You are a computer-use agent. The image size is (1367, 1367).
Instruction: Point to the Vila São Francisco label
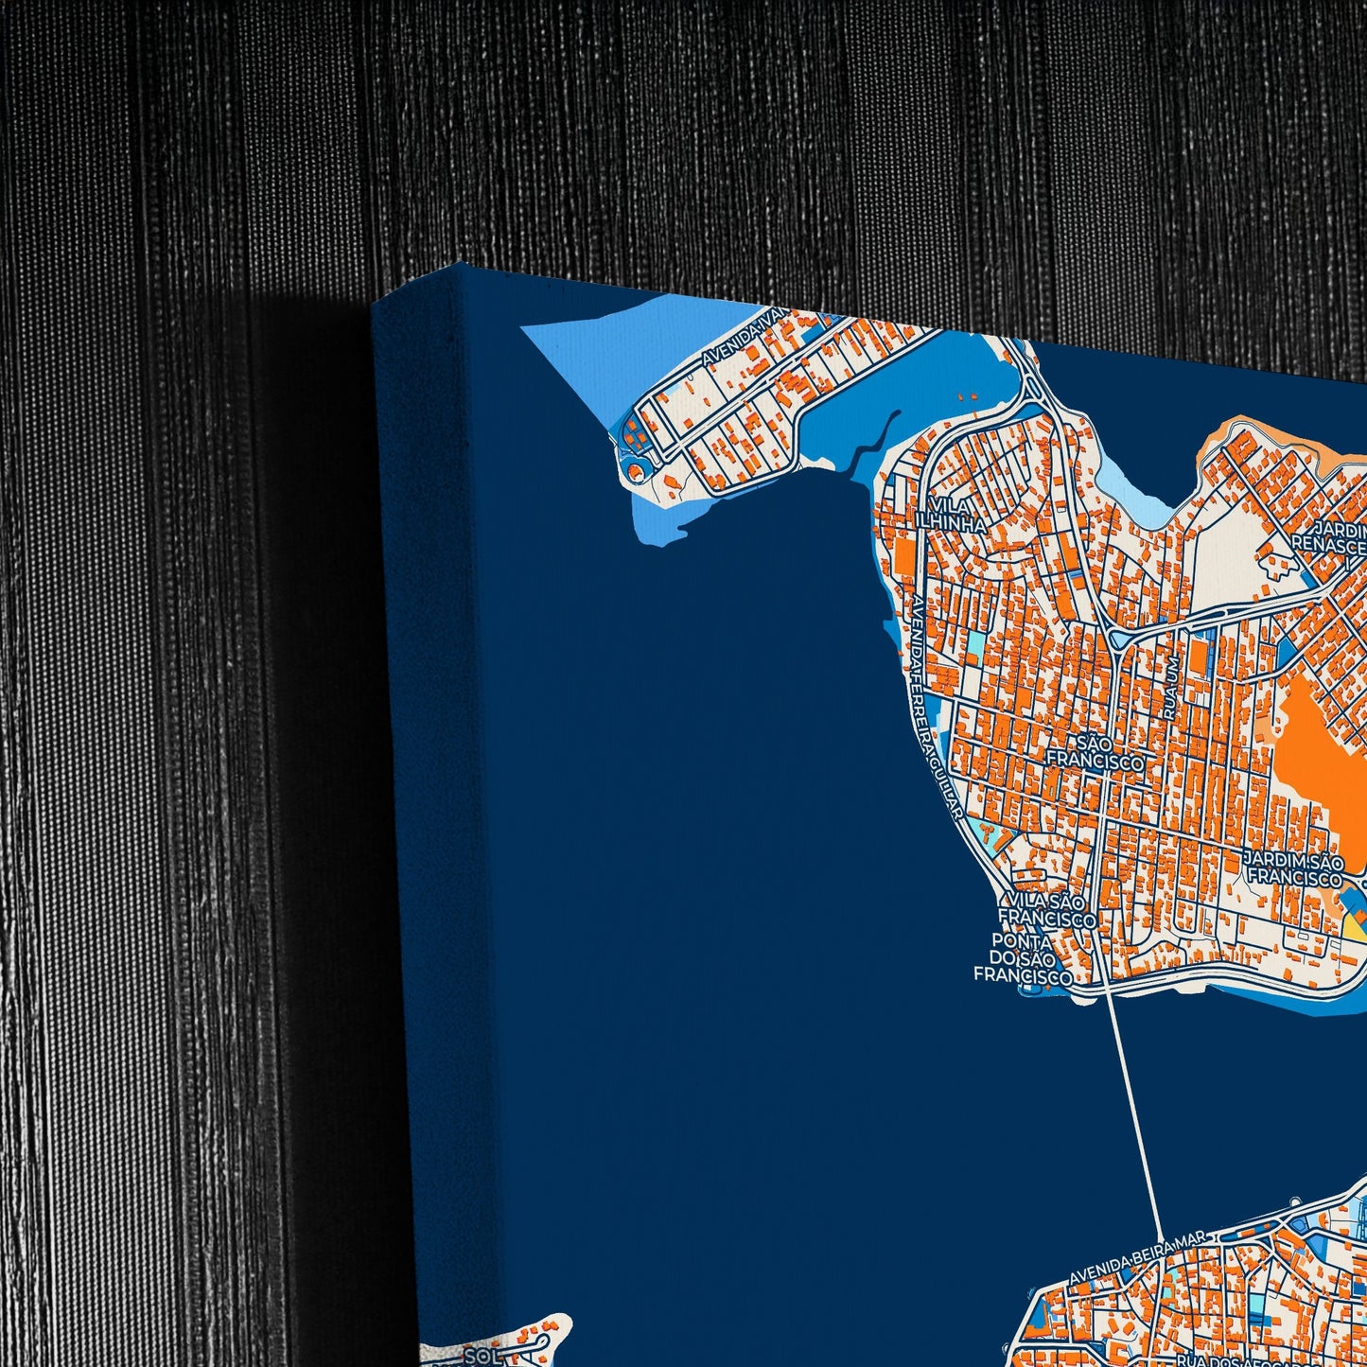1047,909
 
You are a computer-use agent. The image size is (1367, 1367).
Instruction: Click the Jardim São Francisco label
1294,868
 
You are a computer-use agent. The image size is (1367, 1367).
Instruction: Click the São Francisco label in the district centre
1095,753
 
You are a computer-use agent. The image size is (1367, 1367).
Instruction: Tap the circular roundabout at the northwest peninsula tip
636,466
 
